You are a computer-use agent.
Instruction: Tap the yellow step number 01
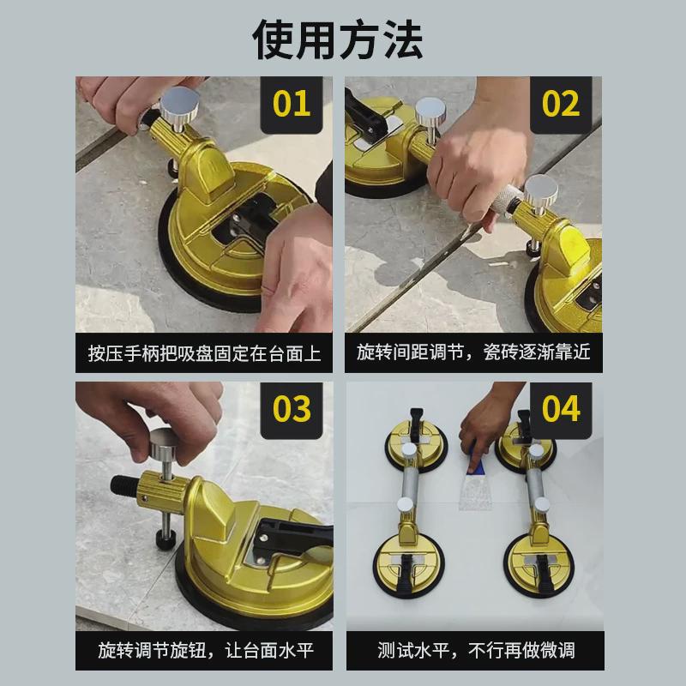(292, 104)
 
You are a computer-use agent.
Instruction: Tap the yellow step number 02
(561, 104)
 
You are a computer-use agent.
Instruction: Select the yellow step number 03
(292, 409)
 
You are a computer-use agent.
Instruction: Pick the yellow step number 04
(561, 409)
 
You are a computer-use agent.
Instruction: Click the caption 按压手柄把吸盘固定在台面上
(204, 352)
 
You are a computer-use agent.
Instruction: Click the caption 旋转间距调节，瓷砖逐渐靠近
(473, 352)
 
